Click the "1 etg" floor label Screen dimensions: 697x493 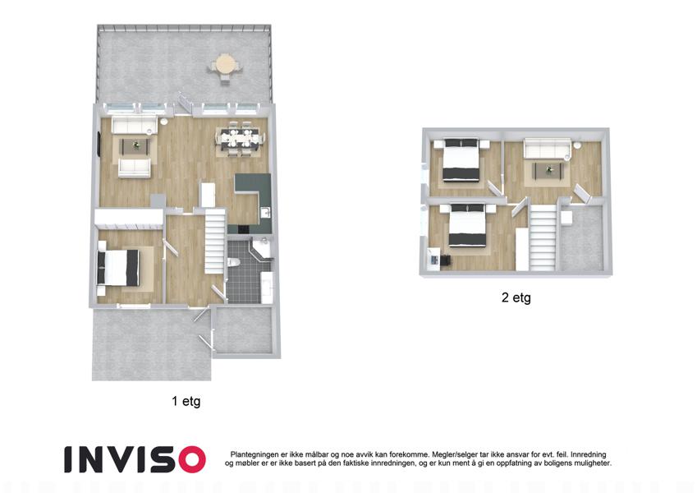(x=186, y=401)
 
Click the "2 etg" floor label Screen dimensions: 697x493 (x=516, y=297)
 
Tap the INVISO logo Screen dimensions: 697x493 (x=135, y=459)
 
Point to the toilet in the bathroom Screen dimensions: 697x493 (x=233, y=261)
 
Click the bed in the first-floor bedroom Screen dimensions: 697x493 (x=118, y=267)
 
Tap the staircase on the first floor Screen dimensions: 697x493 (x=215, y=242)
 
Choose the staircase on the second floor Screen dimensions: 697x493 (x=543, y=237)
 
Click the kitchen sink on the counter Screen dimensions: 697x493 (x=265, y=212)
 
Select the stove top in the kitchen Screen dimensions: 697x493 (x=244, y=229)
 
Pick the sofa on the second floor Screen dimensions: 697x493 (x=547, y=148)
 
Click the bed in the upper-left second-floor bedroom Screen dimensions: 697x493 (x=461, y=160)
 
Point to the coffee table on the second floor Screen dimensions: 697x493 (x=548, y=170)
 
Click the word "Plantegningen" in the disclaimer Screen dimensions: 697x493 (x=254, y=454)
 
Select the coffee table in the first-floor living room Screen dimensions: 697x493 (x=135, y=146)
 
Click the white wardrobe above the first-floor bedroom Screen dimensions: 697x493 (x=129, y=218)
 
